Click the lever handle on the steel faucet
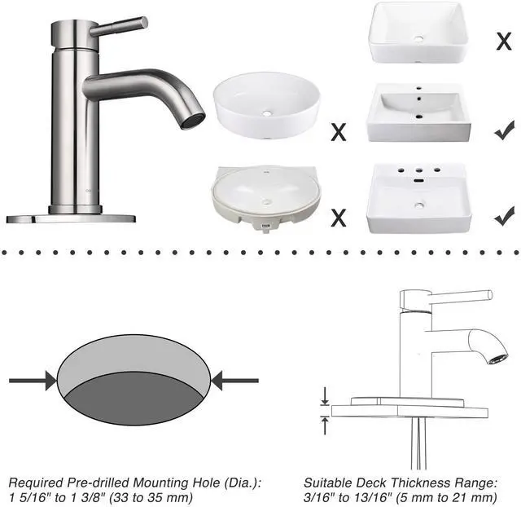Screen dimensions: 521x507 [x=120, y=27]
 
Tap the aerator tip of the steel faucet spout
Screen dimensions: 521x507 [x=193, y=121]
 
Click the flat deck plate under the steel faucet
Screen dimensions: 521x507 [x=71, y=218]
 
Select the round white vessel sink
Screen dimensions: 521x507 [x=266, y=105]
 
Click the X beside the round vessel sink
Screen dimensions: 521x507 [x=339, y=132]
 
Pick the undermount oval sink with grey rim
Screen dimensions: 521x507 [x=266, y=199]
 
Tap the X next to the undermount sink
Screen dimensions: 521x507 [x=339, y=218]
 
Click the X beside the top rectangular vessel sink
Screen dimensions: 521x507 [x=504, y=42]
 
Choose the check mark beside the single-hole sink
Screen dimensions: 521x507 [x=505, y=130]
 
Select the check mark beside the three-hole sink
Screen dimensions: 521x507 [x=505, y=216]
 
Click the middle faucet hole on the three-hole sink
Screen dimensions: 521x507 [x=419, y=170]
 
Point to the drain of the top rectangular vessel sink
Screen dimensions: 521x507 [x=419, y=38]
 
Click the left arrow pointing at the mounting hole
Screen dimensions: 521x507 [x=33, y=381]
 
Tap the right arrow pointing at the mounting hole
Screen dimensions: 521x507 [x=235, y=381]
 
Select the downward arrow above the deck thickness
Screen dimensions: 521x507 [x=325, y=396]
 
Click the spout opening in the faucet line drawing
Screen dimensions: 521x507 [x=497, y=359]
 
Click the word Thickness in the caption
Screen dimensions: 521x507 [x=420, y=483]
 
